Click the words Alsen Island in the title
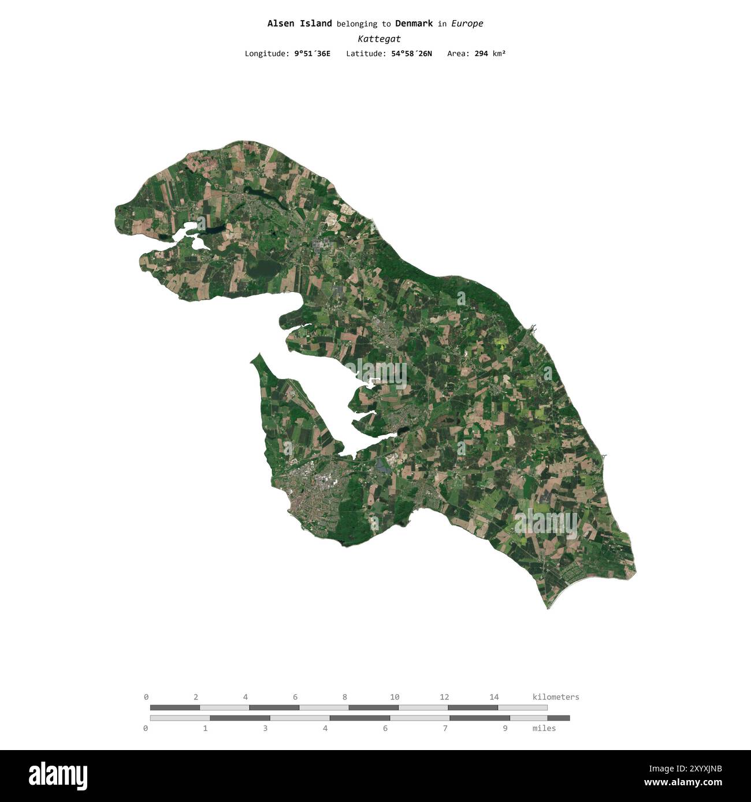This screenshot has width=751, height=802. (x=299, y=24)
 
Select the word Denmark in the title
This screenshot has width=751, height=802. (x=414, y=24)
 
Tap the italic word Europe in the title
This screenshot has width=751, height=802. (x=467, y=24)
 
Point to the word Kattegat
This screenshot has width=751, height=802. (x=379, y=39)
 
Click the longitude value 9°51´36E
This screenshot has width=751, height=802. (x=312, y=54)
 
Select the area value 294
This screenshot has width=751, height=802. (x=481, y=54)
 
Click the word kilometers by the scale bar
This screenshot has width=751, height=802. (x=555, y=697)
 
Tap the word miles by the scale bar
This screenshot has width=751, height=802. (x=544, y=728)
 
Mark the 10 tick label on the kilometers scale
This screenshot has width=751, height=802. (x=395, y=697)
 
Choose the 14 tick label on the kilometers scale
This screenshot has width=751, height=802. (x=494, y=697)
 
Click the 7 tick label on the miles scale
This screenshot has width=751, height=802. (x=445, y=728)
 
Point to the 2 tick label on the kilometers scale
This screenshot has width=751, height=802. (x=196, y=697)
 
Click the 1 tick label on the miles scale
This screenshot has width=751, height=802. (x=205, y=728)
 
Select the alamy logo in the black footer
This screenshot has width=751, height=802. (x=58, y=776)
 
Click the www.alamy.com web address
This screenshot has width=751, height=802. (x=683, y=783)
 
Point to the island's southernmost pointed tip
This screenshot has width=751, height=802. (x=548, y=608)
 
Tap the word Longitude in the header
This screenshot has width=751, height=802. (x=267, y=54)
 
